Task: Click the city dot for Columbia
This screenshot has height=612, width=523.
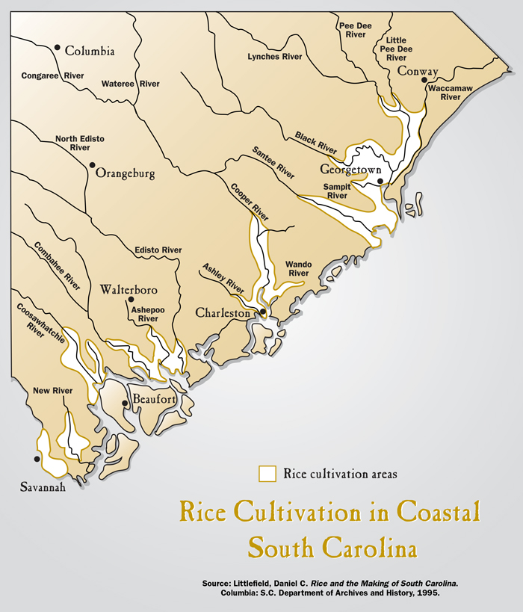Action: [x=57, y=47]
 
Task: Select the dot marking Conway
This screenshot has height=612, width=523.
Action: [x=424, y=79]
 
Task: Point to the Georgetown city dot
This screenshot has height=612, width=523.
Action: [x=380, y=181]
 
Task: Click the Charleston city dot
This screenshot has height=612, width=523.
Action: [x=262, y=312]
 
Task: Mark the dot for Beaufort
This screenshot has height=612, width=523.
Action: [x=125, y=403]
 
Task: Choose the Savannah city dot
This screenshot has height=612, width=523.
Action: [x=36, y=459]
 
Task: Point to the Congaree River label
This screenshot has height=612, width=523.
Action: [x=53, y=75]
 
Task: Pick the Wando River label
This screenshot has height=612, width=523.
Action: [x=298, y=268]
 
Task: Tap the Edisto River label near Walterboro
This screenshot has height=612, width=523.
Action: [x=158, y=250]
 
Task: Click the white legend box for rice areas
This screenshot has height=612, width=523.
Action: [x=267, y=474]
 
